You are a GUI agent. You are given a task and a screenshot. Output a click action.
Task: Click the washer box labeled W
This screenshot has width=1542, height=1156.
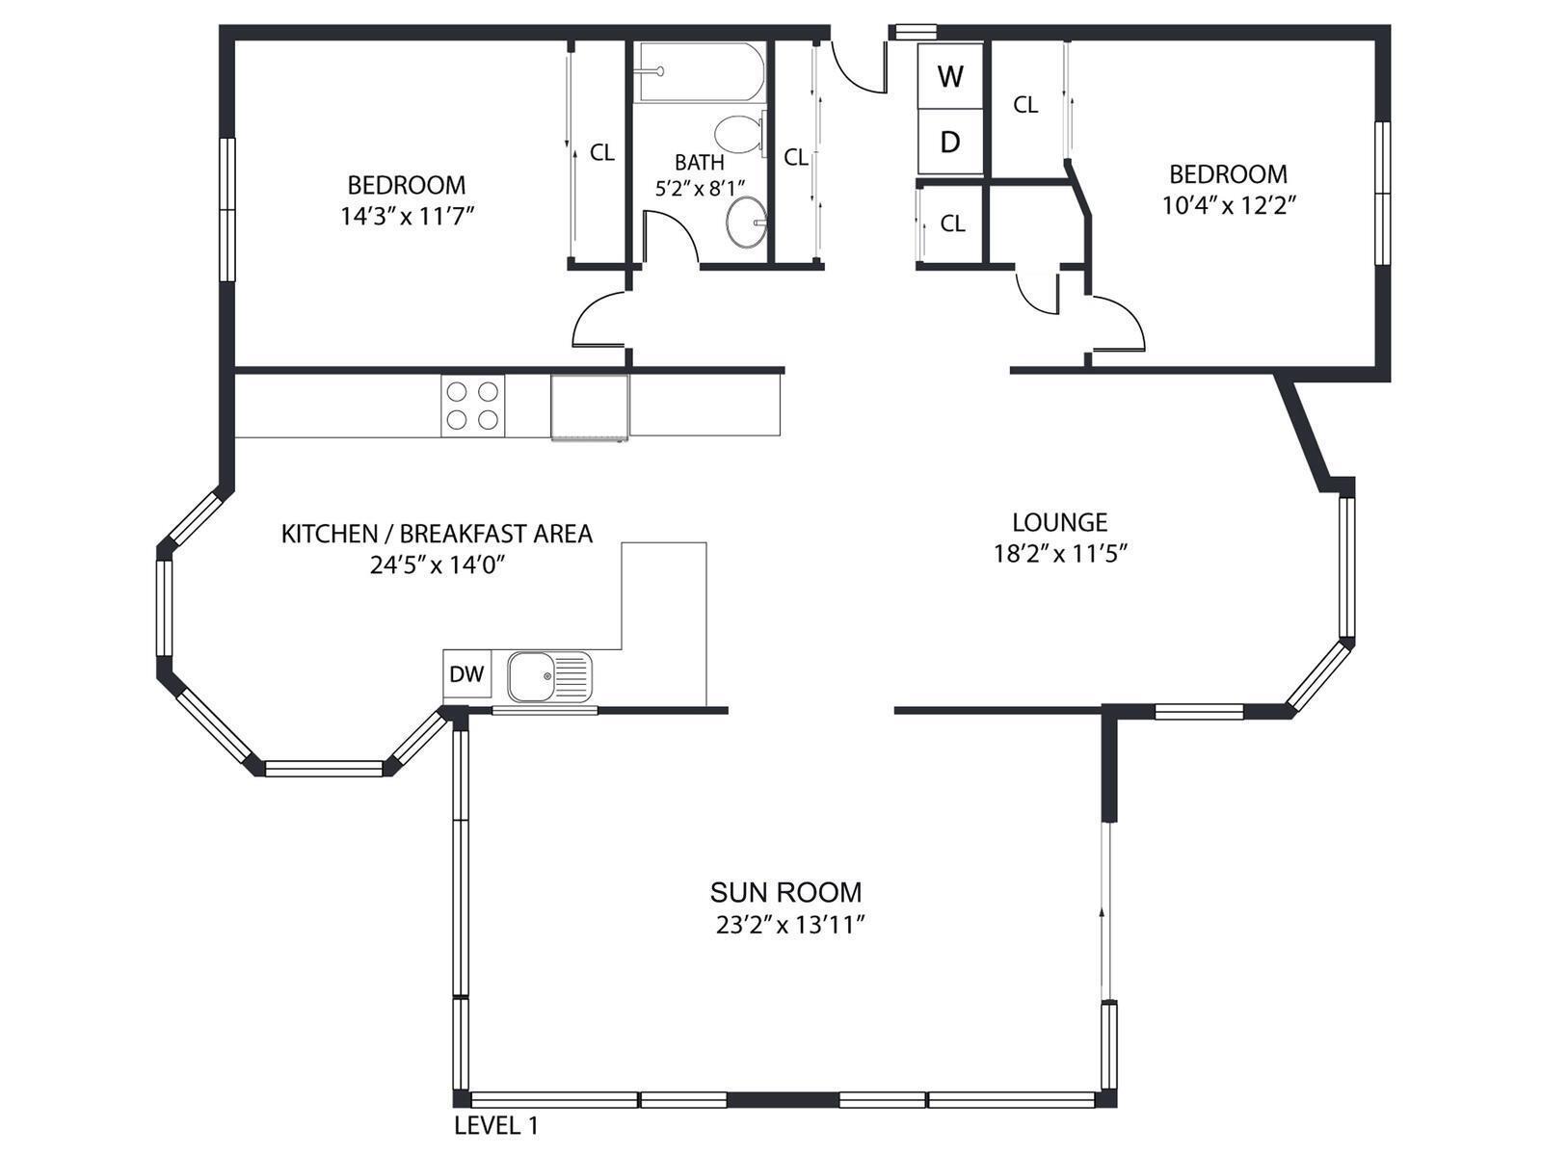click(950, 76)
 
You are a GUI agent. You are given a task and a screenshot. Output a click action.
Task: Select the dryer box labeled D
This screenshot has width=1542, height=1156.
click(950, 142)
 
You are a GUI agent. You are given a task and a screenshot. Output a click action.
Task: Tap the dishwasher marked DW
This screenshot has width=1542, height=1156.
click(467, 673)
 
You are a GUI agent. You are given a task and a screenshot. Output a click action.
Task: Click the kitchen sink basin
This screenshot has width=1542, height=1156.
click(532, 676)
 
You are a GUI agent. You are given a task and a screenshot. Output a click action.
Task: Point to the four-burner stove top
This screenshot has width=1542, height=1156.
click(473, 406)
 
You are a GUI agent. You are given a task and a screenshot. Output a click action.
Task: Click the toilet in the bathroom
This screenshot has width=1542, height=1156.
click(739, 135)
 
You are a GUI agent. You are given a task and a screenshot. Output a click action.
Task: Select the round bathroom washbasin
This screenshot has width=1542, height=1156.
click(746, 222)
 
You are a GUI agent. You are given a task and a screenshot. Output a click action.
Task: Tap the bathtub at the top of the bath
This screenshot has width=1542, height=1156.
click(699, 72)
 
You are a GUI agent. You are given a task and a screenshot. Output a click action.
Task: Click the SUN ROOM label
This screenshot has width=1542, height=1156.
click(785, 892)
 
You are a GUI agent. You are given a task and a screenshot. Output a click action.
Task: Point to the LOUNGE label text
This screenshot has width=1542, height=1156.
click(1059, 522)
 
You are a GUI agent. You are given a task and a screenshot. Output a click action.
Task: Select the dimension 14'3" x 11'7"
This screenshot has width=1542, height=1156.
click(408, 216)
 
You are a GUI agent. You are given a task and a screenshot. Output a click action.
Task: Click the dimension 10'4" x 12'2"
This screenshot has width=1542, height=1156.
click(1228, 205)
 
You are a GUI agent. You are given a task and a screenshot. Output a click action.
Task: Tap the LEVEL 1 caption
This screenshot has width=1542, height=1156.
click(496, 1126)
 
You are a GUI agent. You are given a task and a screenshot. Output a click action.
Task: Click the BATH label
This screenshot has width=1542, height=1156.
click(699, 162)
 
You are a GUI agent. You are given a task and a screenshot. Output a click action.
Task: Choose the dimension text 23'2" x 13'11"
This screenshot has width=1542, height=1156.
click(789, 925)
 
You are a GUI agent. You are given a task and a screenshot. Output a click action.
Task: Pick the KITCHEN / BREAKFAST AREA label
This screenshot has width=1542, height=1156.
click(437, 534)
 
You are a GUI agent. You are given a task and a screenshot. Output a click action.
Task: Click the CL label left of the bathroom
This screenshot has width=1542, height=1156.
click(602, 152)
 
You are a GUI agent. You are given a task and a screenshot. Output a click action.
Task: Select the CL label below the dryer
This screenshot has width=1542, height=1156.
click(952, 223)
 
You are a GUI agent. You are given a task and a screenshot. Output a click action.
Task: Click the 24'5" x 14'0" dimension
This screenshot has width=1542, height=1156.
click(438, 565)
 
